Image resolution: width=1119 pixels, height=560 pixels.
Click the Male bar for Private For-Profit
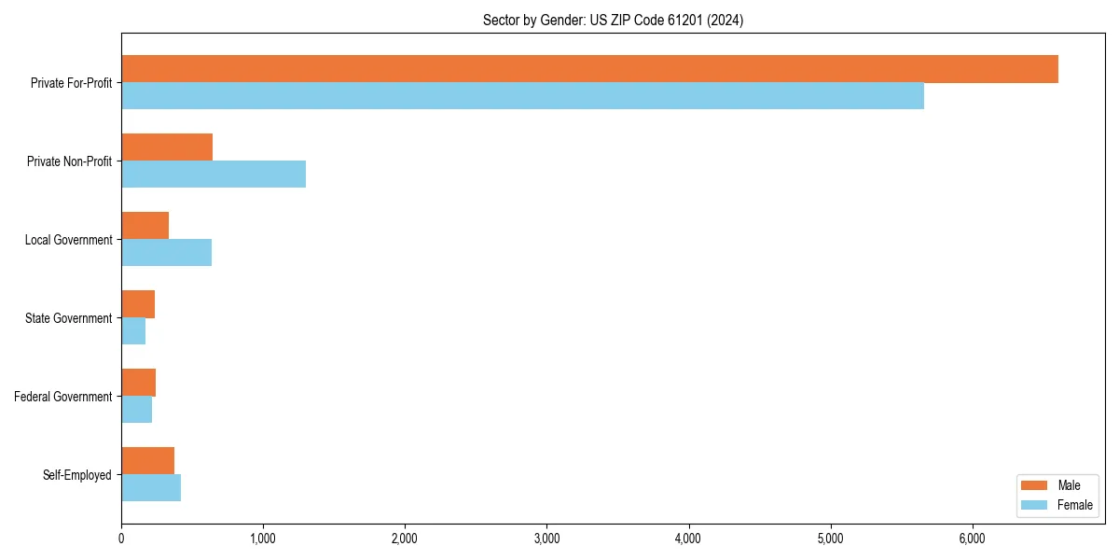[589, 69]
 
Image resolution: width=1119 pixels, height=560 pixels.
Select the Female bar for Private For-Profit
[522, 96]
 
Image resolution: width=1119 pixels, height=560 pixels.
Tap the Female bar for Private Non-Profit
[214, 175]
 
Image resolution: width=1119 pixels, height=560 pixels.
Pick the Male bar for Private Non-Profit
[167, 147]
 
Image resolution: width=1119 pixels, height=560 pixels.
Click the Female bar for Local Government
[166, 253]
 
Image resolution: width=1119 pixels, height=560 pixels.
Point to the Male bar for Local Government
[145, 226]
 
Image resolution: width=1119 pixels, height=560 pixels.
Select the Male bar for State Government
[138, 304]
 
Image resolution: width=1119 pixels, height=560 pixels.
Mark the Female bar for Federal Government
[136, 410]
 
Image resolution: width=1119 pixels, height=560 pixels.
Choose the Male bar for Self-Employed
[147, 461]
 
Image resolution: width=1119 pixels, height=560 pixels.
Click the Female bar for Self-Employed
[151, 488]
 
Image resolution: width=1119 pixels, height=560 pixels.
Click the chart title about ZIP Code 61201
[613, 20]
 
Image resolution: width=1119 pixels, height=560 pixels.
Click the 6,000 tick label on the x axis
[972, 539]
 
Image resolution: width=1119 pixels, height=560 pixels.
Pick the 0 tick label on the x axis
[121, 539]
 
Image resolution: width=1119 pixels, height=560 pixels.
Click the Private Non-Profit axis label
[69, 161]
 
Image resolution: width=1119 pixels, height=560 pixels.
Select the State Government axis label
[68, 318]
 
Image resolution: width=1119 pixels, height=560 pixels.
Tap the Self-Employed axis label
[76, 475]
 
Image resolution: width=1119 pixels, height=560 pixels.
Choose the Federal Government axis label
[63, 397]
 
